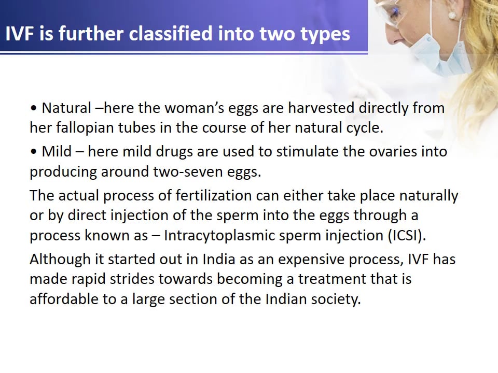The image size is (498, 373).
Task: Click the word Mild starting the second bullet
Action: point(57,152)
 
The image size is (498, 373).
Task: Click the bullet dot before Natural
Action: point(34,109)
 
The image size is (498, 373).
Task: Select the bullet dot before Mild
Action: point(34,152)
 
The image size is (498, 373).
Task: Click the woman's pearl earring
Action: point(451,16)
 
